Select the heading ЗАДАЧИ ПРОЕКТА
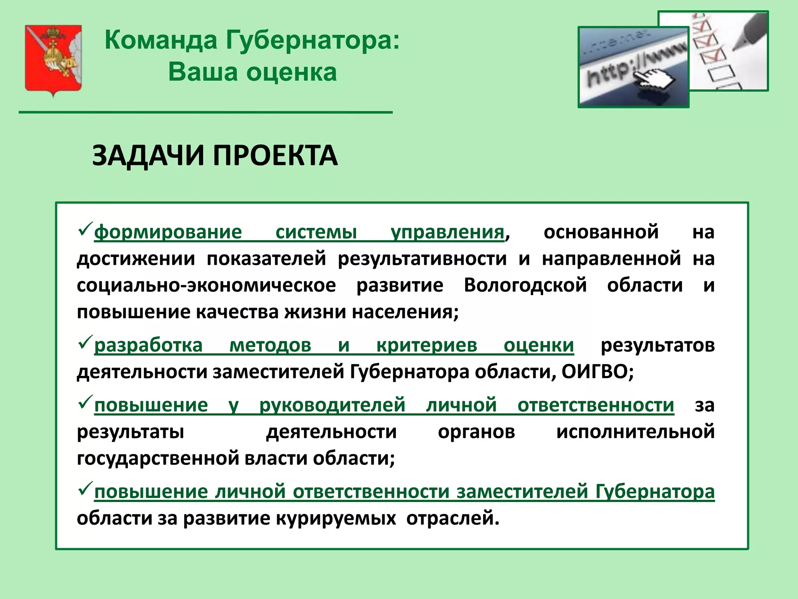coord(215,156)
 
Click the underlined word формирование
coord(168,232)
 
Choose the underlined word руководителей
coord(332,405)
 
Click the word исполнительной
coord(635,432)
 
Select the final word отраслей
coord(452,519)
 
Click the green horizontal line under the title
coord(205,112)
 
